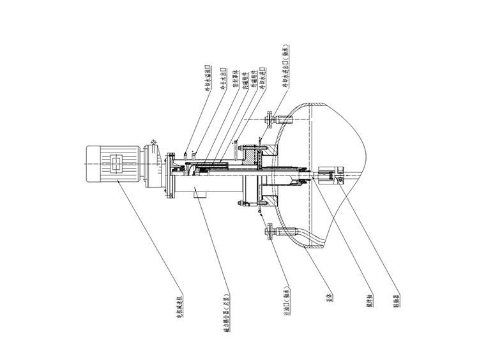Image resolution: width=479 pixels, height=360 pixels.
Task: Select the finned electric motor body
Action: point(112,164)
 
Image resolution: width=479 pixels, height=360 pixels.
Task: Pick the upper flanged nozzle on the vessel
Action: point(271,119)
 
